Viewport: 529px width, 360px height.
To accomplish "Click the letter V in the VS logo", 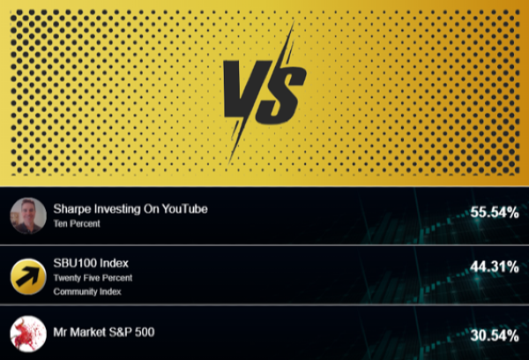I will click(x=241, y=92).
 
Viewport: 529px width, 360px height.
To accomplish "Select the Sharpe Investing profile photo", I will click(x=27, y=215).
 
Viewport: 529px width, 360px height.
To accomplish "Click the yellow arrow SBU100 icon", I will click(x=27, y=276).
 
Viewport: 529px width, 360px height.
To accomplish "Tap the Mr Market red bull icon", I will click(x=27, y=335).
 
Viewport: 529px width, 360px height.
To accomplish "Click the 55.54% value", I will click(x=494, y=213).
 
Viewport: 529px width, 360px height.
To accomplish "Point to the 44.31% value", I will click(x=494, y=266).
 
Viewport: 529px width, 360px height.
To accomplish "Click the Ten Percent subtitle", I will click(x=77, y=224).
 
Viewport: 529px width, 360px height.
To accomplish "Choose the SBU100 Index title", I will click(x=92, y=262).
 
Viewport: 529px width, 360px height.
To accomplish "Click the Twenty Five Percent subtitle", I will click(x=93, y=277).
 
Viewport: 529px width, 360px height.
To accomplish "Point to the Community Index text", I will click(x=88, y=291).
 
